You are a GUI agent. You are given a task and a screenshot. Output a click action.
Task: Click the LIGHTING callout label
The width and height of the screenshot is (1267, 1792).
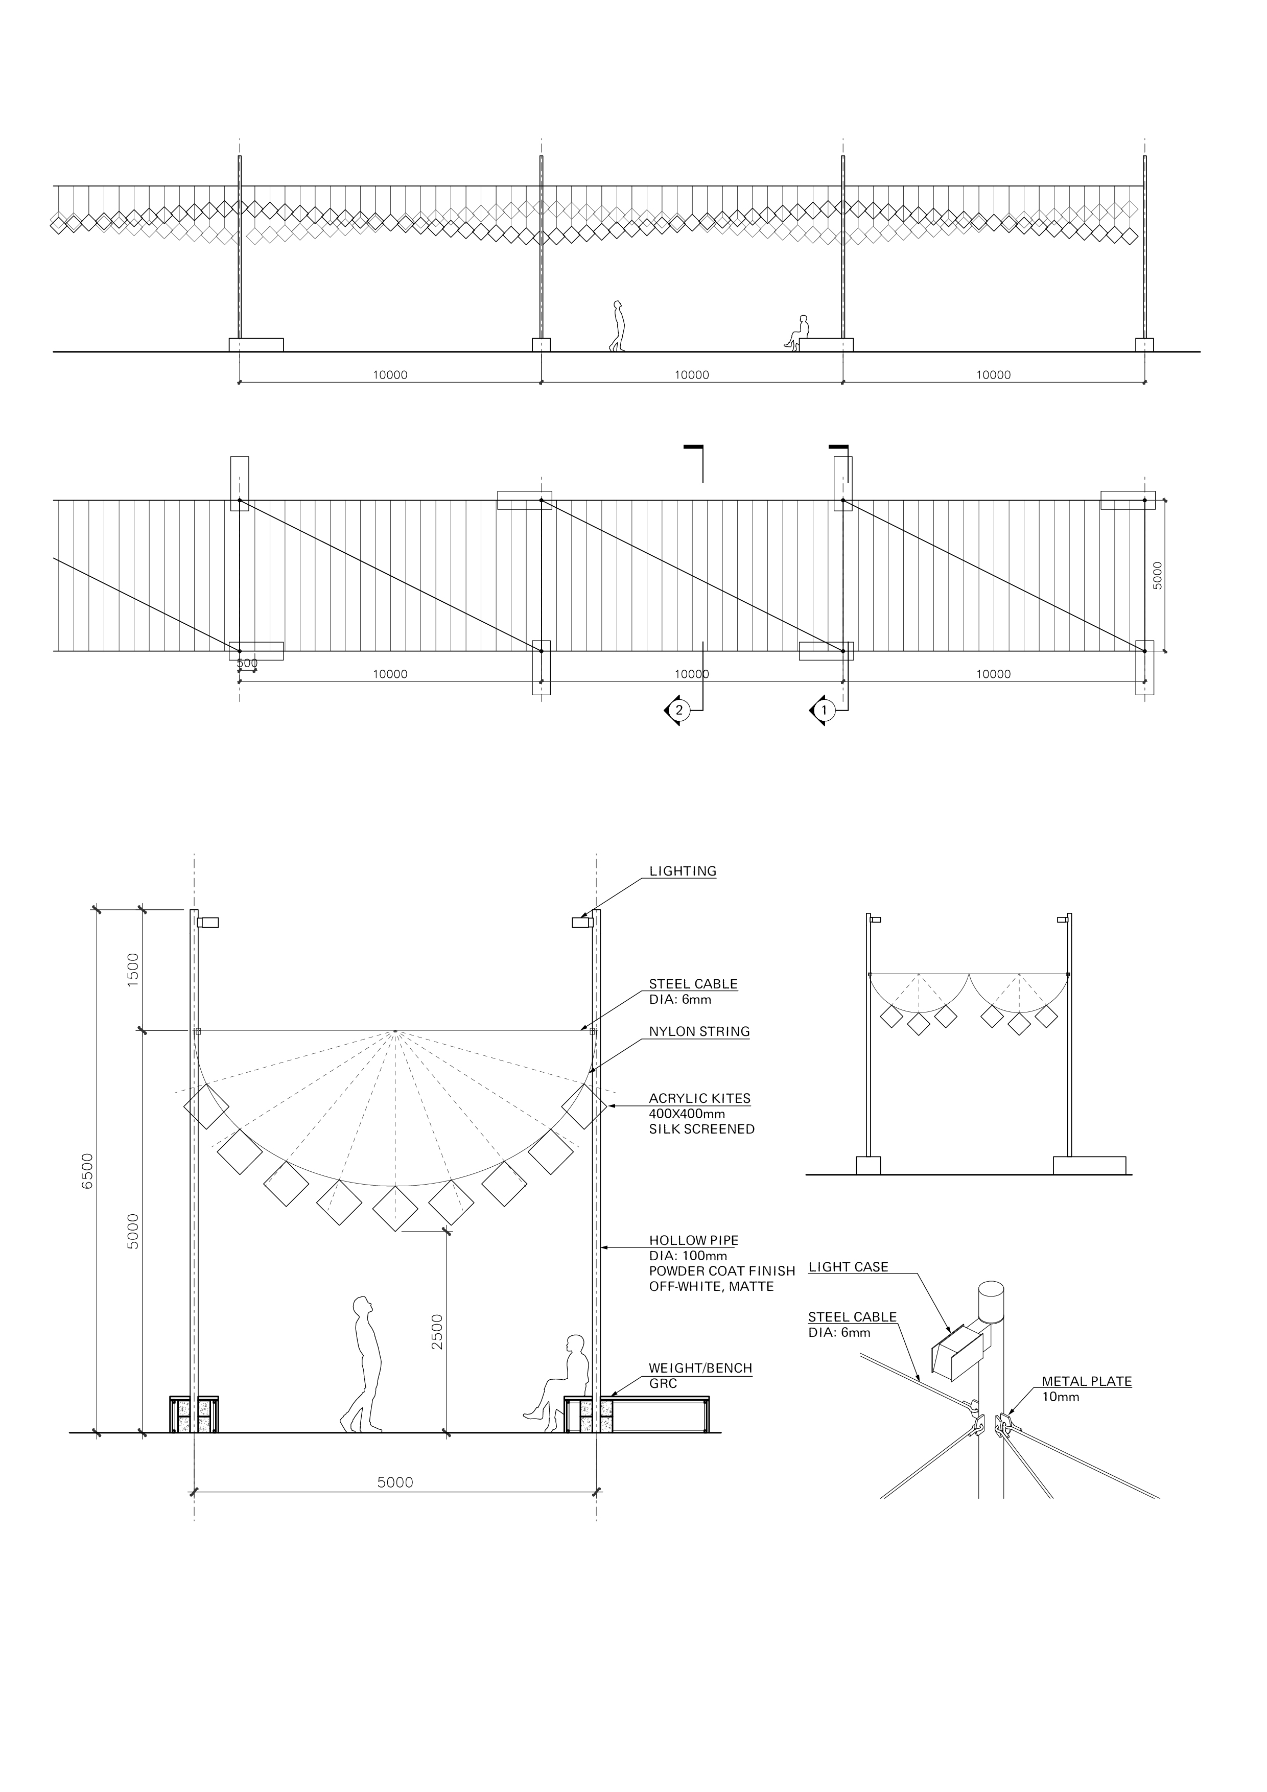(683, 871)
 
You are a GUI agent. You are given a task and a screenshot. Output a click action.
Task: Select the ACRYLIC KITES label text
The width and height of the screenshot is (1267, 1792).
(699, 1098)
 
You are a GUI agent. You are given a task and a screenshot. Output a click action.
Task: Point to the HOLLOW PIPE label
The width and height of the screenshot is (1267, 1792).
(693, 1240)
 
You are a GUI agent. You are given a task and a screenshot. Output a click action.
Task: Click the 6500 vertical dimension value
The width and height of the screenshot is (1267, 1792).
(88, 1171)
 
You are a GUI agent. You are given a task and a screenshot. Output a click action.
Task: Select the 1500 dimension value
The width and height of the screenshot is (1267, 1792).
(133, 970)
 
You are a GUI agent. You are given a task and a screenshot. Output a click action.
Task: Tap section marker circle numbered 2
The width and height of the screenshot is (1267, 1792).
(679, 710)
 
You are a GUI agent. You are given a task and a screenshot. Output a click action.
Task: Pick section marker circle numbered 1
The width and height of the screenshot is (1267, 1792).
(823, 710)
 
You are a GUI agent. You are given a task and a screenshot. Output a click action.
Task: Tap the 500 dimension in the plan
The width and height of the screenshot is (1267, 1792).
(247, 664)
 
